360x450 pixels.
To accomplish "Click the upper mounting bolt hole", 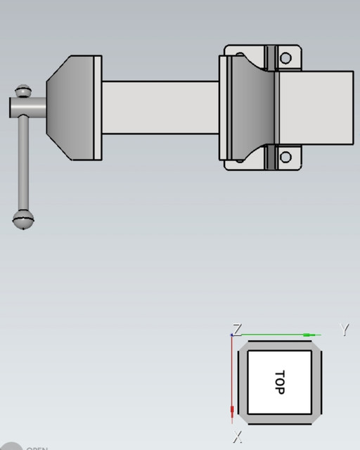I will (285, 58).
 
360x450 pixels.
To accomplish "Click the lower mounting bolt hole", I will (285, 156).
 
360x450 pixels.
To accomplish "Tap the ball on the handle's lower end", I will (24, 219).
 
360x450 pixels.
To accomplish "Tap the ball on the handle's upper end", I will (25, 91).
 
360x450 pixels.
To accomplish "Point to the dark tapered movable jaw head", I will (70, 107).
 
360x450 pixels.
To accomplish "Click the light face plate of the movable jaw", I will (98, 107).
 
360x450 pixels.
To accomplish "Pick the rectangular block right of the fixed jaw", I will (316, 107).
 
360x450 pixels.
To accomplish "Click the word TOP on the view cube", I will (279, 382).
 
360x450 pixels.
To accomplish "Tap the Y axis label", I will (345, 329).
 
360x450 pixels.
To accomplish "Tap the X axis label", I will (238, 437).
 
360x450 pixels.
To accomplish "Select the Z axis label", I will (238, 328).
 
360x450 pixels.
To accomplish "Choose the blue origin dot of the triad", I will (232, 335).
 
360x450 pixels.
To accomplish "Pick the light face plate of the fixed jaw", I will (226, 107).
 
